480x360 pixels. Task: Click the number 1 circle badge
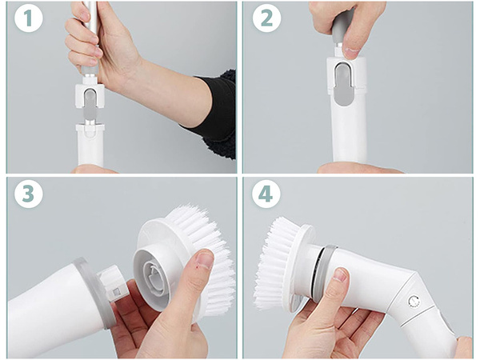pos(28,20)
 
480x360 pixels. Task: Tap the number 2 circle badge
pos(267,20)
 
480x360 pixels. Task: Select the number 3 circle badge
pos(28,194)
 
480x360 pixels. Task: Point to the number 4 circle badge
pos(267,194)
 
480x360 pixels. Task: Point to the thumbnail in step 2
pos(350,52)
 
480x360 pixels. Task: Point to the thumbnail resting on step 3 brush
pos(204,260)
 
